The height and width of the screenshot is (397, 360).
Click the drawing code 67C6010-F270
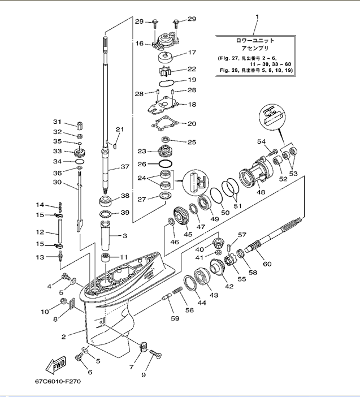(58, 381)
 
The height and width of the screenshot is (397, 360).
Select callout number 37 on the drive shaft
(125, 167)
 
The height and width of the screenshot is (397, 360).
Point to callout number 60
(267, 264)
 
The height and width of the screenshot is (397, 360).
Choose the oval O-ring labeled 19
(166, 83)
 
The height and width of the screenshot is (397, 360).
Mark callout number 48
(261, 192)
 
